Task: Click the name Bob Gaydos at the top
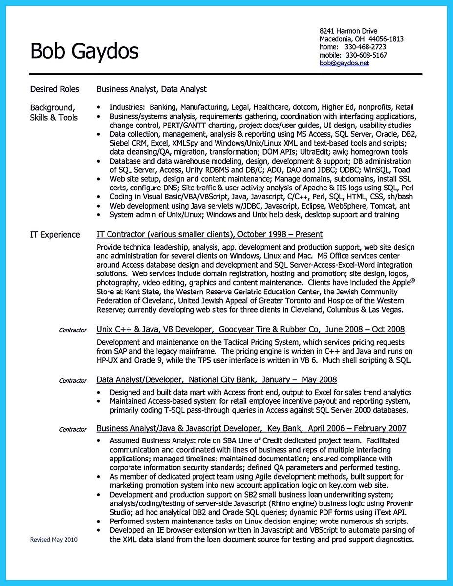[84, 50]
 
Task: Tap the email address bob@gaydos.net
[344, 63]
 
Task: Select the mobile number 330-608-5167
[364, 55]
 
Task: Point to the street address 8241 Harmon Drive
[348, 31]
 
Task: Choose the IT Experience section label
[55, 235]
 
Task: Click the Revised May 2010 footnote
[53, 540]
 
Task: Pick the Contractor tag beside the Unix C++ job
[72, 331]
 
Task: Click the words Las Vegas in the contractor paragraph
[386, 310]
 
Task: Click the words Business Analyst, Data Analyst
[151, 89]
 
